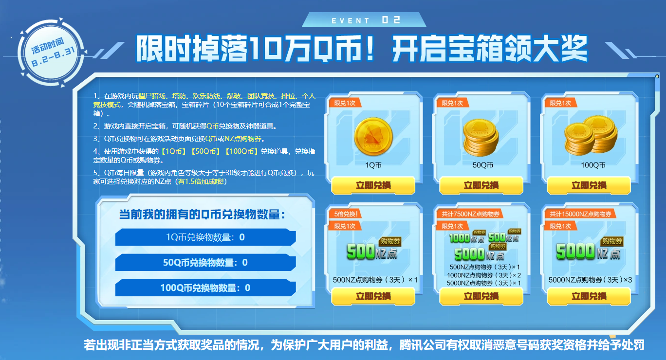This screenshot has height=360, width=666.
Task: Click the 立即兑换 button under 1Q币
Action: click(x=373, y=185)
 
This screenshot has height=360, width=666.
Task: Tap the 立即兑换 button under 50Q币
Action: click(x=481, y=185)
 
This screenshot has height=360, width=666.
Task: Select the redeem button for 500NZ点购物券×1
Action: click(x=373, y=296)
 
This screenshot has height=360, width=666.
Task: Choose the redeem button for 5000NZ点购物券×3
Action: click(x=589, y=296)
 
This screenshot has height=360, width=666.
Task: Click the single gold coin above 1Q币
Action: click(x=373, y=136)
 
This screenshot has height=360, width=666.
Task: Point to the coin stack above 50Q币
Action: click(x=481, y=138)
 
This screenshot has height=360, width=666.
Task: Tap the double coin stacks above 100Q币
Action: click(x=591, y=135)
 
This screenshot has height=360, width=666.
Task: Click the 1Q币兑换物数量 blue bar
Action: click(x=205, y=237)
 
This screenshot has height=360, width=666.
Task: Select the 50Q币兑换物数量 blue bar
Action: click(x=205, y=262)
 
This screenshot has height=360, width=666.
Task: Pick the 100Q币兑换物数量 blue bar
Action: click(x=205, y=288)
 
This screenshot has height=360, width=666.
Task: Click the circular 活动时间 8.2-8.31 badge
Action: click(x=52, y=53)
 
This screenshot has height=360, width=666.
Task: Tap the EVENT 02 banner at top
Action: click(x=364, y=20)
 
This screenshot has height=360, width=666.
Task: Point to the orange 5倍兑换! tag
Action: click(x=345, y=214)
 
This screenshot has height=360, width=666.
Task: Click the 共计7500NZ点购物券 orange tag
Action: click(x=470, y=214)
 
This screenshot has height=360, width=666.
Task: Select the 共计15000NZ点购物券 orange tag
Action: click(x=580, y=214)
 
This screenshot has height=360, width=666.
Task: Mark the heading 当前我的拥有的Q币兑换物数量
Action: click(x=202, y=214)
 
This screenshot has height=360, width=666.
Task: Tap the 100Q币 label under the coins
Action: click(x=593, y=165)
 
